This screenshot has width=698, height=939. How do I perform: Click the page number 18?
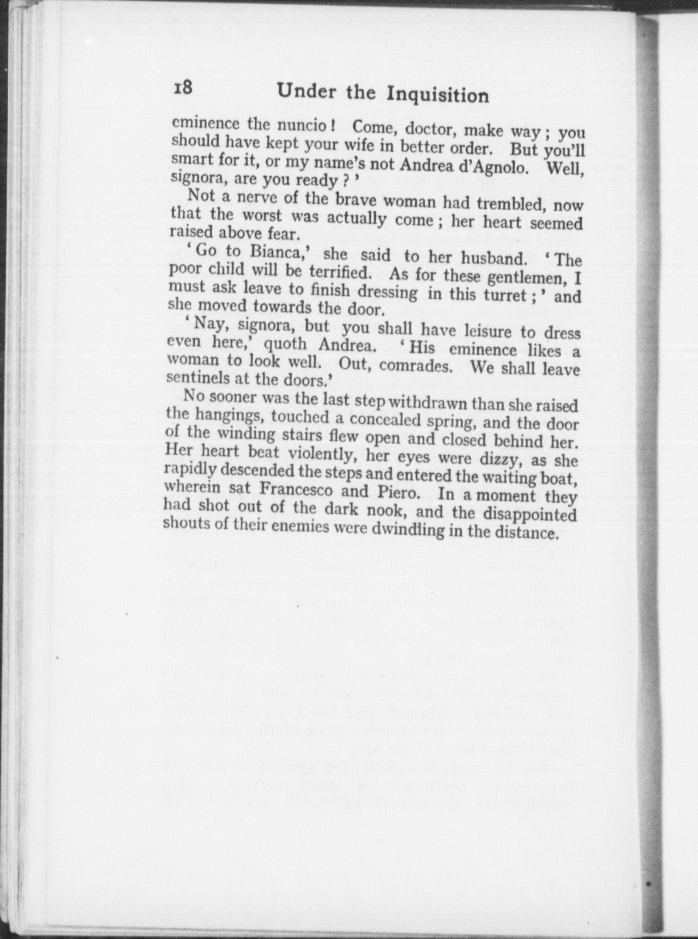182,87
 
